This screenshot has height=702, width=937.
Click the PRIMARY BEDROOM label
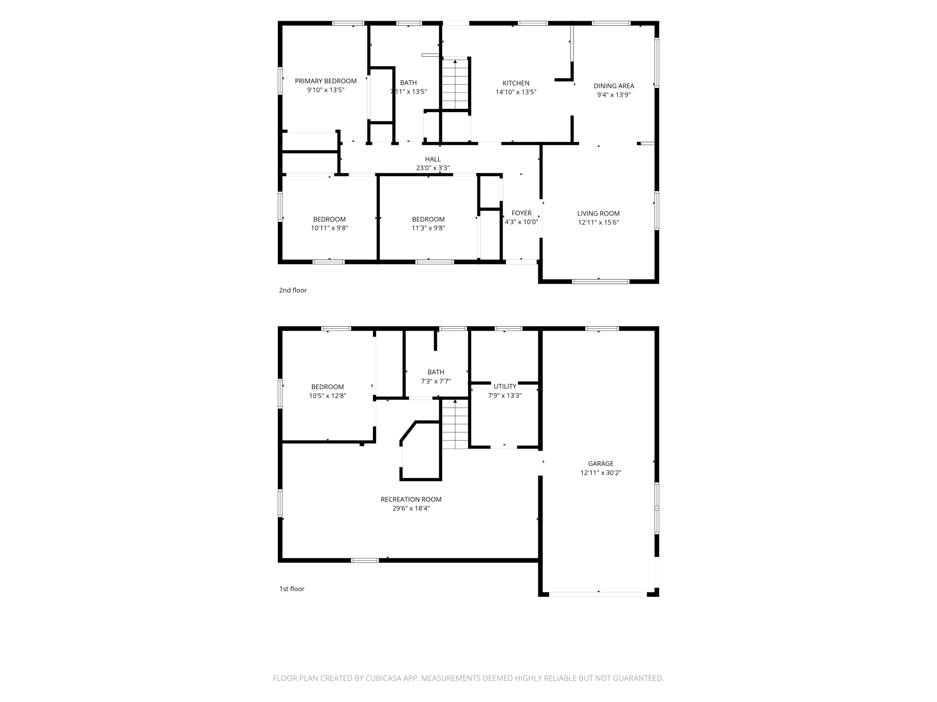click(x=326, y=81)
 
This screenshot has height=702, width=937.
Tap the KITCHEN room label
click(x=516, y=83)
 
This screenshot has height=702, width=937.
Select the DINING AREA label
click(x=614, y=86)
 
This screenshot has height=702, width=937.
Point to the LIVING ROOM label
click(x=598, y=213)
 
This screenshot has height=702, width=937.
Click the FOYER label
click(x=521, y=213)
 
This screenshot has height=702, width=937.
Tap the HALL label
click(x=433, y=159)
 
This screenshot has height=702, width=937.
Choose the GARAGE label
click(x=600, y=463)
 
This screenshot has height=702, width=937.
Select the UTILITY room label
click(x=505, y=387)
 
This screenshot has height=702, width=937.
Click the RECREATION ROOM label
click(x=411, y=499)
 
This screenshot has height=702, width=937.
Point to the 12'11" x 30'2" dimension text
click(x=600, y=472)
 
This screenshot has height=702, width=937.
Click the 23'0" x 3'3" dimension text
click(x=433, y=168)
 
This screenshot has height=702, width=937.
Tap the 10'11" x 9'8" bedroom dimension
click(x=329, y=228)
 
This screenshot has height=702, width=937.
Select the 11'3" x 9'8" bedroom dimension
click(x=428, y=228)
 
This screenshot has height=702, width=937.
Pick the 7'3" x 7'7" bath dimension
click(x=436, y=381)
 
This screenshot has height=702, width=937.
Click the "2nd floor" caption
click(x=293, y=290)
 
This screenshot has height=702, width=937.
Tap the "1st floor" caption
click(x=292, y=589)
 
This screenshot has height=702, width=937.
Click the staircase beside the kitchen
click(x=455, y=84)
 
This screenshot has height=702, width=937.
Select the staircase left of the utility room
click(x=455, y=424)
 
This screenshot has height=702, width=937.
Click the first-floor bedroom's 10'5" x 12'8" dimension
click(x=327, y=396)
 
